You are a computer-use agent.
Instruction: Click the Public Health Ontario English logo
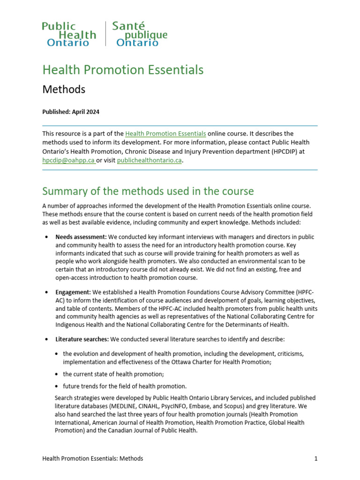69,34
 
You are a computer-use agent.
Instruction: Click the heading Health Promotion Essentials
123,70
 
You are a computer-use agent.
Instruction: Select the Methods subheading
64,89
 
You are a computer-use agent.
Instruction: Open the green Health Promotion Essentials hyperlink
165,134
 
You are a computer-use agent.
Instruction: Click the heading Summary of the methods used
148,191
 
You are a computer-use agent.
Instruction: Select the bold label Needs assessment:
81,237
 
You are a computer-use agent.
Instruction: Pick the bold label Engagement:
72,292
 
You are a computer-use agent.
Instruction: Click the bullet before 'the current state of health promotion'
57,375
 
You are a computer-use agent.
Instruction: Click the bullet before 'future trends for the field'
57,387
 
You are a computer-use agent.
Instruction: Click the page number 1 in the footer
316,459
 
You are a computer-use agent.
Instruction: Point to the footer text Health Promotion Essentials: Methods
92,459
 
